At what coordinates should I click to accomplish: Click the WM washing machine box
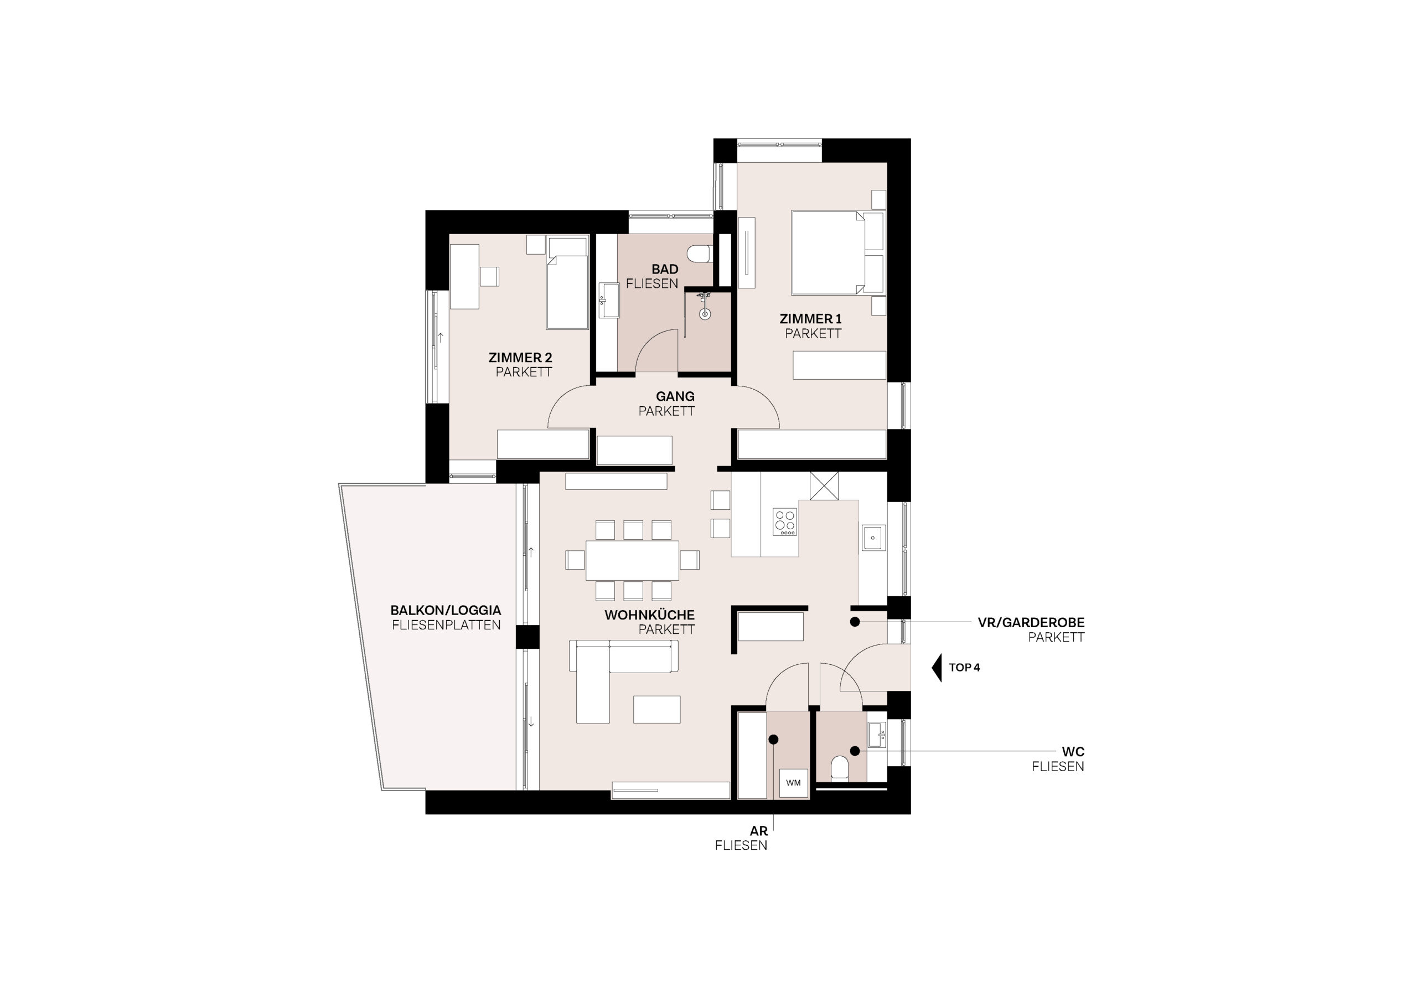pos(793,783)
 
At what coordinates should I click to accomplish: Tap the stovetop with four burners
pos(785,521)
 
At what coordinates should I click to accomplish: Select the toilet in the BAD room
pos(700,254)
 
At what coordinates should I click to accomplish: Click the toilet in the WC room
pos(839,769)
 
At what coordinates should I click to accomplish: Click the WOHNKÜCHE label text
pos(649,615)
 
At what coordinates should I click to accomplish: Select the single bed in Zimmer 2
pos(567,283)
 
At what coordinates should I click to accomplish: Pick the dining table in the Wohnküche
pos(633,560)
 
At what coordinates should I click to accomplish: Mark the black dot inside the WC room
pos(855,751)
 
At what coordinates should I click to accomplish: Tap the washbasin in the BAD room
pos(608,301)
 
